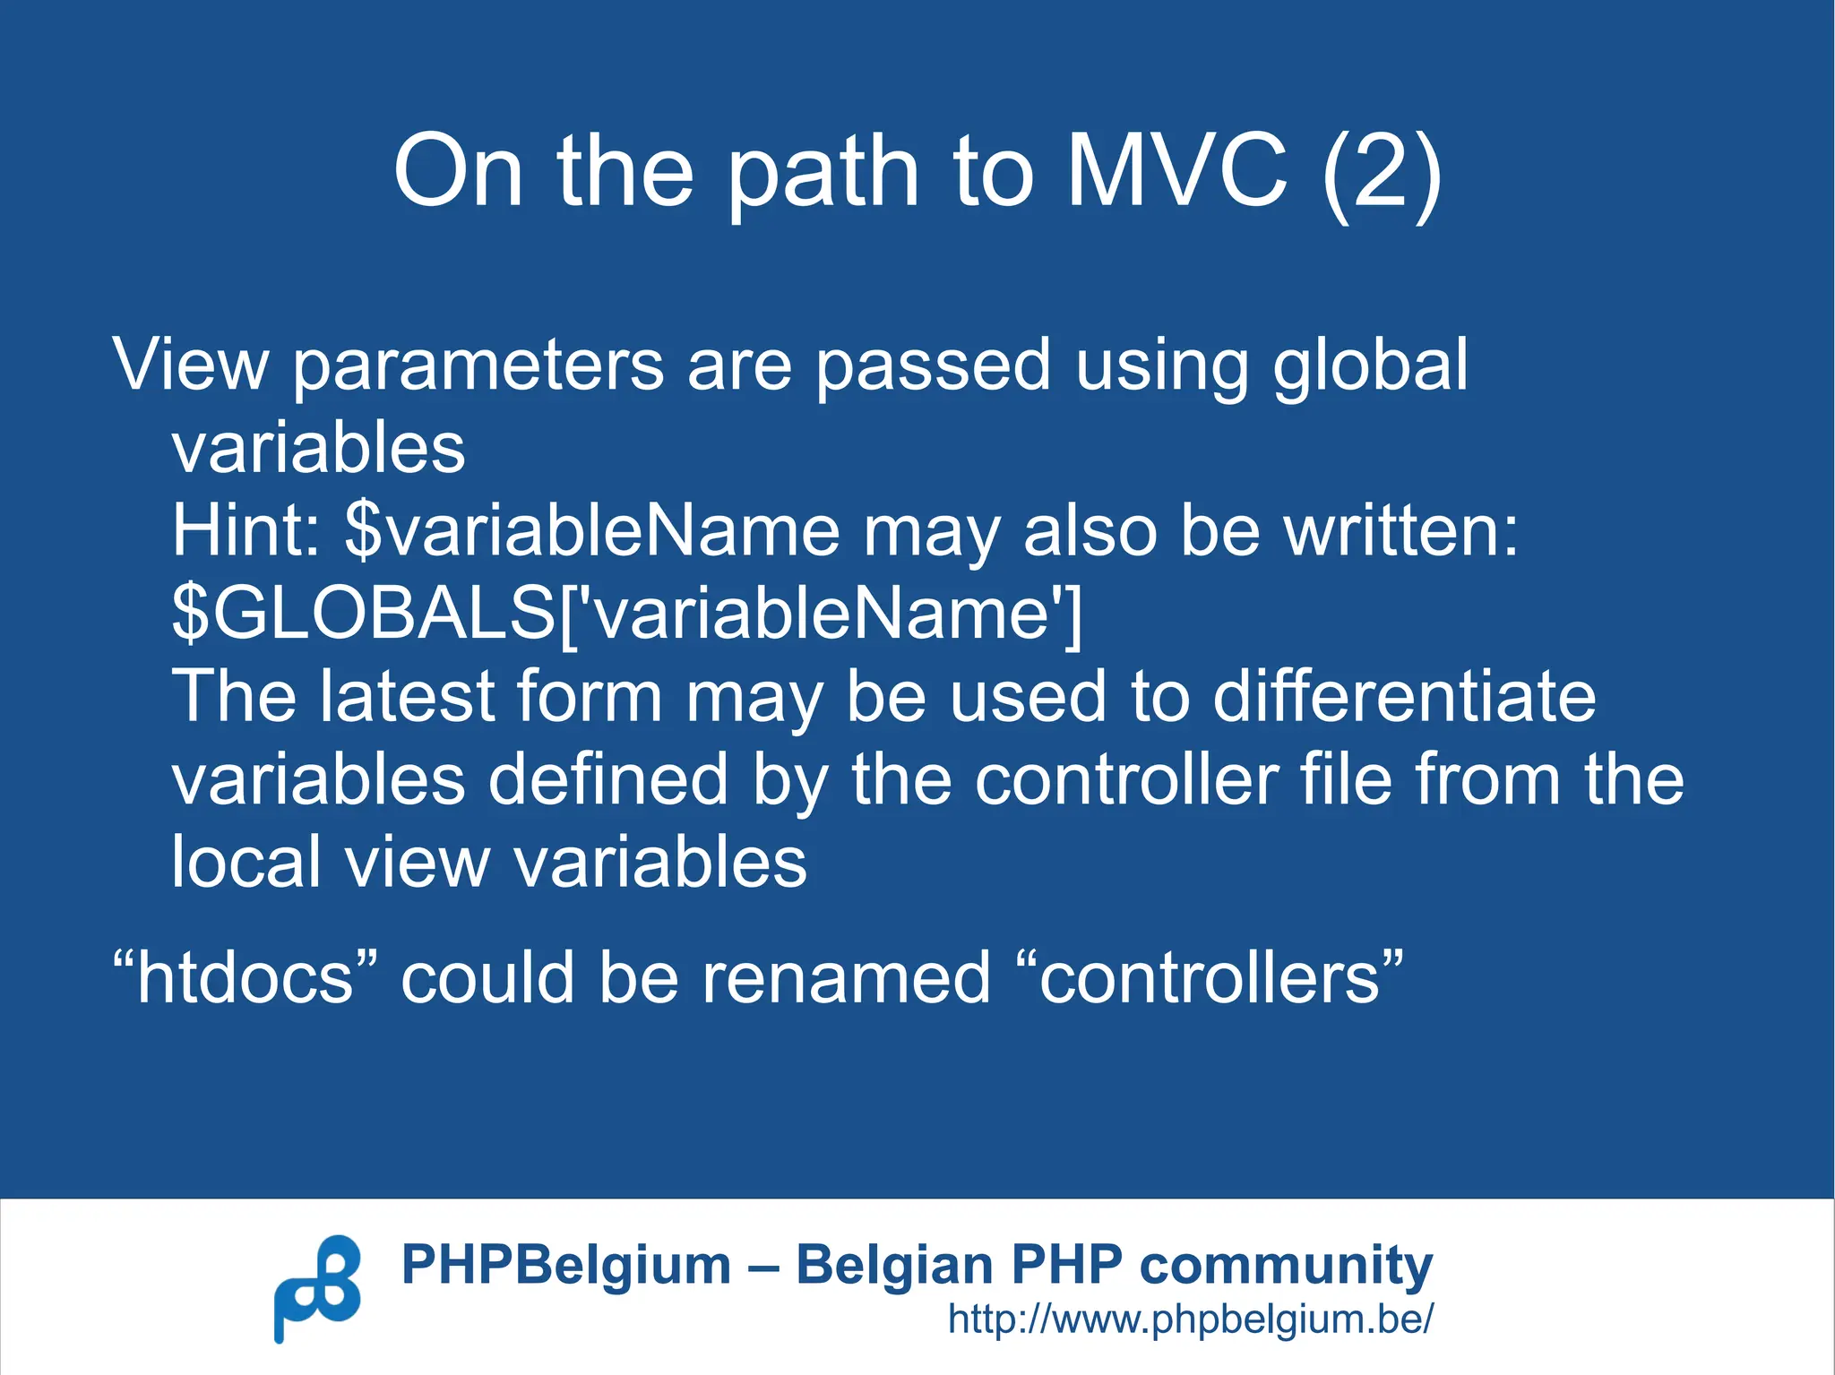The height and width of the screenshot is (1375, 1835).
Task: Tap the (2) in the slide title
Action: [x=1382, y=172]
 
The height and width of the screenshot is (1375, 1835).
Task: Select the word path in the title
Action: [x=823, y=172]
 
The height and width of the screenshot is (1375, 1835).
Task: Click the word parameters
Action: [x=478, y=365]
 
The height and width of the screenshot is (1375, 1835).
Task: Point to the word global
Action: [x=1370, y=365]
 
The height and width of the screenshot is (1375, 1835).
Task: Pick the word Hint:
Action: [x=246, y=530]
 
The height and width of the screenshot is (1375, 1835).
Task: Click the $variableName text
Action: [x=591, y=530]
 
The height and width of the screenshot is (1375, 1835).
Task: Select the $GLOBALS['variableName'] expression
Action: [x=627, y=614]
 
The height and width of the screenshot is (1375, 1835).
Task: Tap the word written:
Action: [x=1401, y=530]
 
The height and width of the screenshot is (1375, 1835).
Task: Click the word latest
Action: [x=407, y=696]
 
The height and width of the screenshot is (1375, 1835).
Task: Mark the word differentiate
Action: [x=1404, y=696]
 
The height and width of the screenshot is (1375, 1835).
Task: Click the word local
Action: [x=246, y=862]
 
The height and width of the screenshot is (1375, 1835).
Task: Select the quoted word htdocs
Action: [x=246, y=977]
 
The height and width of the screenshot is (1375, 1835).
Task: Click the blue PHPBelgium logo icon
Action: [x=317, y=1288]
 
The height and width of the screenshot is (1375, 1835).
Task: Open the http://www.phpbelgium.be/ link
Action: [x=1191, y=1319]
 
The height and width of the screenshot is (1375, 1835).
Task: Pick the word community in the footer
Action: [x=1286, y=1266]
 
